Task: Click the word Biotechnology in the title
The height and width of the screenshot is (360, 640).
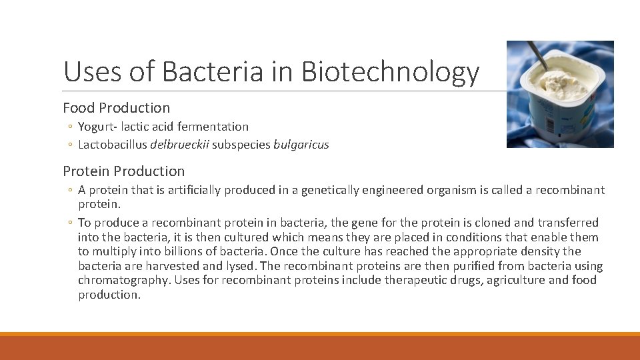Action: pyautogui.click(x=390, y=72)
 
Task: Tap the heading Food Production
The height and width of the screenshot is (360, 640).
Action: pyautogui.click(x=116, y=107)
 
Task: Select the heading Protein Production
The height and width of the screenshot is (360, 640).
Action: pyautogui.click(x=123, y=171)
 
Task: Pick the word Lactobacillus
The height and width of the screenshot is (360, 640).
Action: pyautogui.click(x=113, y=145)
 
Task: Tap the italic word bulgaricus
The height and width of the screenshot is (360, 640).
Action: pyautogui.click(x=301, y=145)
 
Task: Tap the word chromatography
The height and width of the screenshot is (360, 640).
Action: pyautogui.click(x=123, y=280)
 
